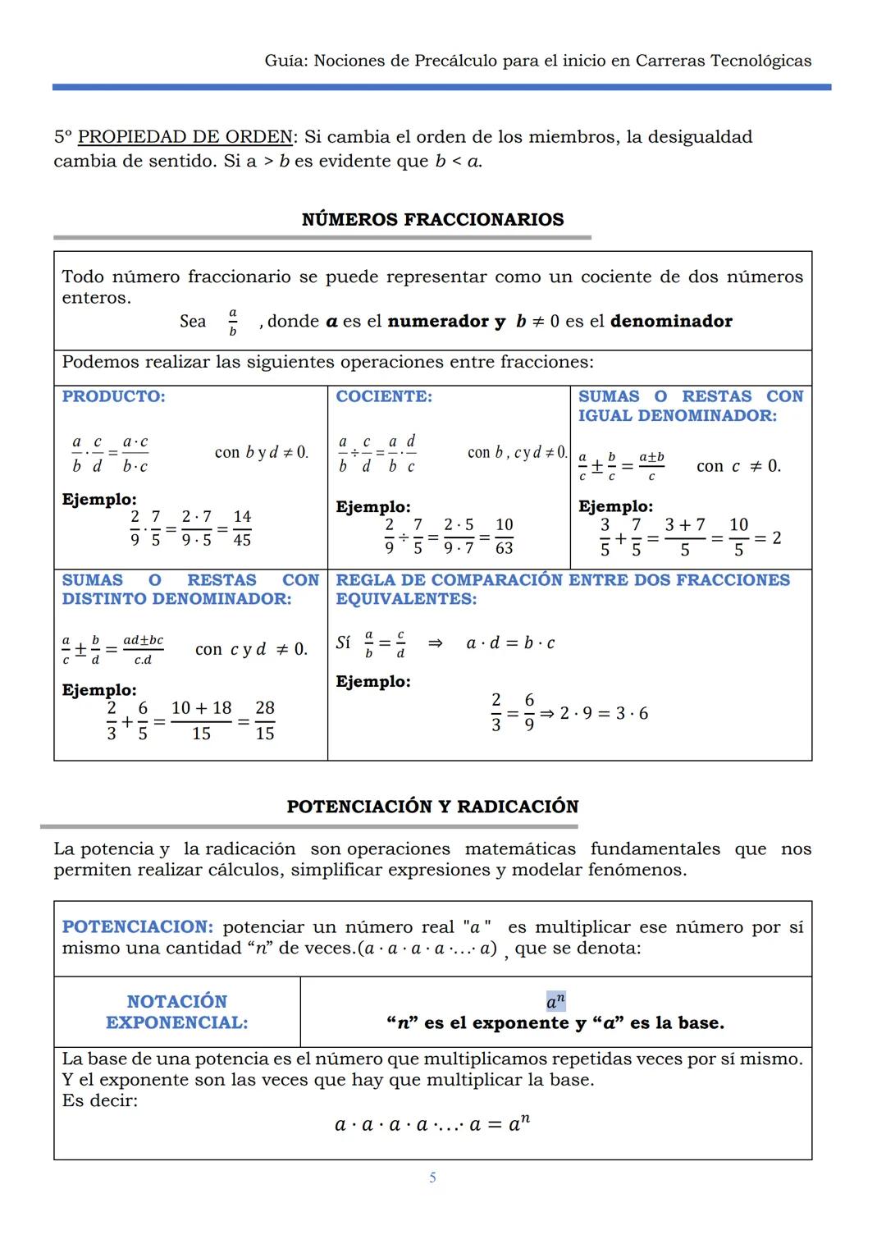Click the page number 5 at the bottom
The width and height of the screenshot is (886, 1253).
coord(432,1178)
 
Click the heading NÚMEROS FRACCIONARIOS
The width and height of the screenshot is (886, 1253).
coord(432,220)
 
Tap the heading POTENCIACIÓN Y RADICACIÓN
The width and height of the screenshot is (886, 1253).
coord(432,807)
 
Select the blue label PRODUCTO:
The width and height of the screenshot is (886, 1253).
coord(113,397)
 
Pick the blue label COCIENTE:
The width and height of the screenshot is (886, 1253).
coord(383,397)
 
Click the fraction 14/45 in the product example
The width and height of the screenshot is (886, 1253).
coord(242,528)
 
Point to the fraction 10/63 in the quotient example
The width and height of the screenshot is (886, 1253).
coord(505,536)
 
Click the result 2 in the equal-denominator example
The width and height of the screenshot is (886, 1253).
coord(777,538)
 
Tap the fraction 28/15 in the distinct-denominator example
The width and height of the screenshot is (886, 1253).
coord(265,720)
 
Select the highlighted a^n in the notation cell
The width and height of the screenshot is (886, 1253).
coord(555,1002)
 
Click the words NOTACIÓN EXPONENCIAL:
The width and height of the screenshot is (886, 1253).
coord(177,1012)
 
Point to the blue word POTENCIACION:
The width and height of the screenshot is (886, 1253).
coord(137,927)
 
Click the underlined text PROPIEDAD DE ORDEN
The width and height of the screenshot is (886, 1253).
coord(185,137)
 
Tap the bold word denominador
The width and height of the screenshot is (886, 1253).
coord(671,322)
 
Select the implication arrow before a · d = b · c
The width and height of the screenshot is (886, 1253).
coord(436,643)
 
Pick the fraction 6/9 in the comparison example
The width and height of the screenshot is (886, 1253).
coord(529,712)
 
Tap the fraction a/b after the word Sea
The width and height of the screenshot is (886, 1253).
coord(232,322)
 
